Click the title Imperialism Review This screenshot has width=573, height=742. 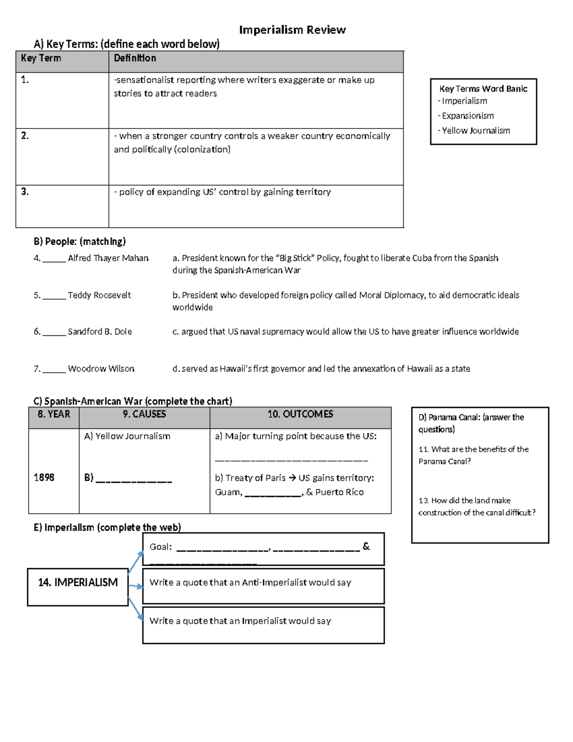tap(292, 30)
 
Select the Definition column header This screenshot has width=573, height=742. tap(135, 58)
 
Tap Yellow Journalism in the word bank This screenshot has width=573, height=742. tap(476, 130)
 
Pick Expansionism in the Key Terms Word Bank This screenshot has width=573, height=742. tap(467, 116)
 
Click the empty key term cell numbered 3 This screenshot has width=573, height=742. tap(62, 206)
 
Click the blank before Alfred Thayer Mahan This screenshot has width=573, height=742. tap(54, 258)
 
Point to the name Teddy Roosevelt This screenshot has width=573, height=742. tap(99, 295)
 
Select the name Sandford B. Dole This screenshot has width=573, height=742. tap(100, 332)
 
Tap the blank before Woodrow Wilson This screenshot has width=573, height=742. tap(54, 369)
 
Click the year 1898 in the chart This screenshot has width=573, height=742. tap(44, 477)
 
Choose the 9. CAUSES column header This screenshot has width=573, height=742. tap(144, 414)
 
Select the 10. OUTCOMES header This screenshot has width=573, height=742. tap(300, 414)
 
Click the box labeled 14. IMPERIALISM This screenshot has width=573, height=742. tap(78, 582)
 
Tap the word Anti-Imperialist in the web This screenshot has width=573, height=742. tap(275, 582)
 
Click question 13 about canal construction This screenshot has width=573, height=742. tap(477, 506)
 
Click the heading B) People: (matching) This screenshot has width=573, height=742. tap(80, 241)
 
